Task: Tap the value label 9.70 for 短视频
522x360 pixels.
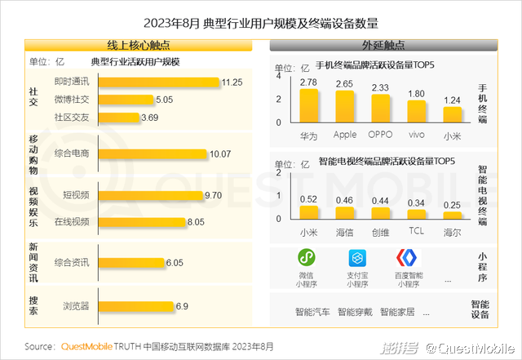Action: [x=214, y=196]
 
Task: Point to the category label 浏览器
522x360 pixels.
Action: [x=76, y=307]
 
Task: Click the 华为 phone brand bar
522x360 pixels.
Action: [x=308, y=105]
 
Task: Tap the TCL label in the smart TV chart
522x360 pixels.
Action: [x=416, y=232]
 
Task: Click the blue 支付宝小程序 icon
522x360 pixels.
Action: [x=356, y=258]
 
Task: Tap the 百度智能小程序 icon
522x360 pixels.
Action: [x=405, y=258]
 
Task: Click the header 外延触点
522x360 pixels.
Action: [x=383, y=45]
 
